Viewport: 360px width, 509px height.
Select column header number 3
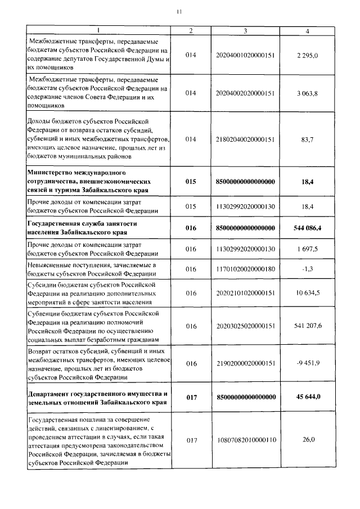click(x=245, y=31)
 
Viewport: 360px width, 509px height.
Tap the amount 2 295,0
click(x=308, y=55)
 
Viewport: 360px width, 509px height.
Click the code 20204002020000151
click(x=245, y=93)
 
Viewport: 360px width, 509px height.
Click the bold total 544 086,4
click(x=308, y=228)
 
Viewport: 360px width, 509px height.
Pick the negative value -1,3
click(x=308, y=269)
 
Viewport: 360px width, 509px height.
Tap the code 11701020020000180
click(x=245, y=269)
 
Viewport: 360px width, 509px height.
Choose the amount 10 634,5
click(x=308, y=293)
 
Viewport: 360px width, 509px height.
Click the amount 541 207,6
click(x=308, y=325)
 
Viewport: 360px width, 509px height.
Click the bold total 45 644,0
click(x=308, y=397)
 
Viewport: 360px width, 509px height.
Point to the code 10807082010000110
click(x=245, y=440)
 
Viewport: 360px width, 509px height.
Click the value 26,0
click(x=308, y=440)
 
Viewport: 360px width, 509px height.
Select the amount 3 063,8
click(x=308, y=93)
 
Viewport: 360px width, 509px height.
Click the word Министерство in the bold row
click(x=52, y=171)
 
